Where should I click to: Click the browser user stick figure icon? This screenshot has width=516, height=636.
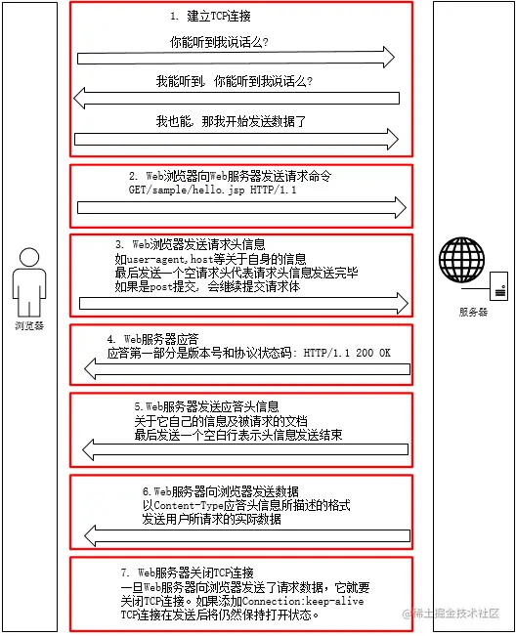[x=28, y=283]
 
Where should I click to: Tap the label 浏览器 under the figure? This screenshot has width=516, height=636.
[x=29, y=325]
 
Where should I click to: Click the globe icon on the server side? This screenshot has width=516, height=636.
[x=461, y=260]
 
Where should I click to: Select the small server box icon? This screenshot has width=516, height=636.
[x=498, y=286]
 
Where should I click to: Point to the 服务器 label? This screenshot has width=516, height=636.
[x=473, y=312]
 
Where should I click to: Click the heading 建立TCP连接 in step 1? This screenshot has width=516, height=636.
[x=219, y=17]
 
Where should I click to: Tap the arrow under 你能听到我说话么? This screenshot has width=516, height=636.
[x=236, y=58]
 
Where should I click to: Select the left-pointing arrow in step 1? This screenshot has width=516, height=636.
[x=236, y=98]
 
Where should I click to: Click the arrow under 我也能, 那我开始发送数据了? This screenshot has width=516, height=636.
[x=236, y=139]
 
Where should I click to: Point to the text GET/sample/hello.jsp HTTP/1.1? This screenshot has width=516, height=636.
[x=213, y=190]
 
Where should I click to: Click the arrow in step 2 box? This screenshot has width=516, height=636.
[x=241, y=208]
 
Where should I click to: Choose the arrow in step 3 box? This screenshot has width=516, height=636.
[x=243, y=303]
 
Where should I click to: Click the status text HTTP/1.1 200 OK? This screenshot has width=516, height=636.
[x=347, y=353]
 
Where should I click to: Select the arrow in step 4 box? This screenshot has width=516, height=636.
[x=247, y=369]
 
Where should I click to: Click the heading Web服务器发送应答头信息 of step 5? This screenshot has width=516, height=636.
[x=212, y=406]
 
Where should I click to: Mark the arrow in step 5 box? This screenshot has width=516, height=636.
[x=245, y=449]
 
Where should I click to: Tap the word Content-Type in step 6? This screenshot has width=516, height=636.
[x=189, y=505]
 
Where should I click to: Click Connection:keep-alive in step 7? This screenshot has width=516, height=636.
[x=303, y=601]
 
